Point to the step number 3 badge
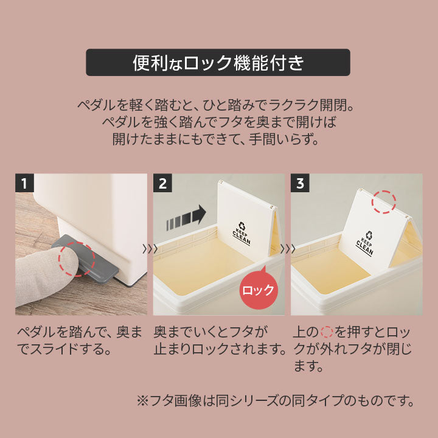(301, 182)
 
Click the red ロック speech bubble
(258, 290)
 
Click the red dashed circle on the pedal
(76, 260)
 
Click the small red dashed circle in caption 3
(326, 333)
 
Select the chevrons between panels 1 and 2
(149, 248)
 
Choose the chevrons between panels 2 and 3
(288, 248)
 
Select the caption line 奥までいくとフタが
(211, 333)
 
